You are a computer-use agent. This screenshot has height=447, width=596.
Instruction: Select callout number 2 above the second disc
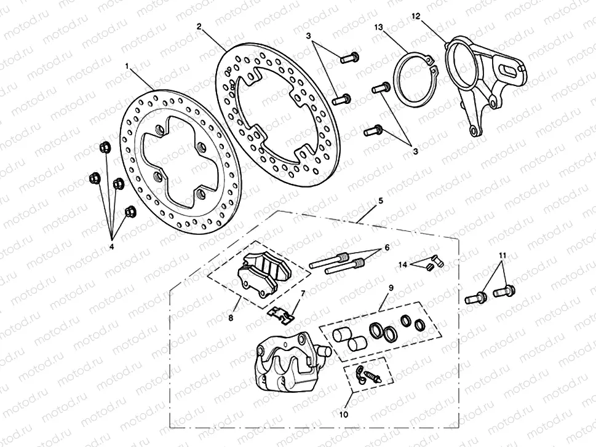[x=199, y=26]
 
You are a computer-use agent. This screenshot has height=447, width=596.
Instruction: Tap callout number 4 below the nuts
[x=112, y=247]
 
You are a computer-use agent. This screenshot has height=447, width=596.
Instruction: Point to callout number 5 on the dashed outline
[x=381, y=200]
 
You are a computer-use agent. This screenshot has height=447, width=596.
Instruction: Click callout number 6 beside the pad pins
[x=387, y=247]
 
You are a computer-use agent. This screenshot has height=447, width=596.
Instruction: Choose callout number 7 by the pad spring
[x=302, y=295]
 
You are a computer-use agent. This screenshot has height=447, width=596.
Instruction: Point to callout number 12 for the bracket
[x=416, y=17]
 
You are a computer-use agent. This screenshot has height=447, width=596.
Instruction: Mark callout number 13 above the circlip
[x=378, y=27]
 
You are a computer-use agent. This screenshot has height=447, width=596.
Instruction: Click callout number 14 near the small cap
[x=403, y=264]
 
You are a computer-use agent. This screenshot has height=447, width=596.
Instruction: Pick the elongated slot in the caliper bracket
[x=508, y=70]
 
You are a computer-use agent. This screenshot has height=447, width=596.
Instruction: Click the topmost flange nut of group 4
[x=104, y=148]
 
